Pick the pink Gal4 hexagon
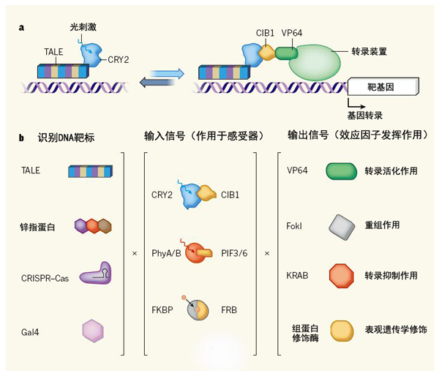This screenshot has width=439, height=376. (93, 331)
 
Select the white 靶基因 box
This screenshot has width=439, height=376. (383, 87)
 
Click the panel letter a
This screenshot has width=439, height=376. (22, 29)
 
